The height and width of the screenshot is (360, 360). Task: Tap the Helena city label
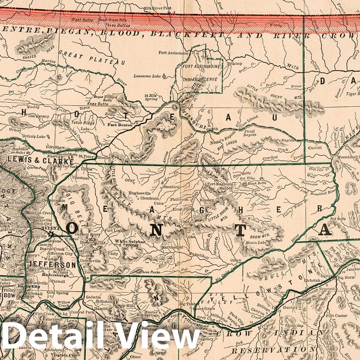click(48, 228)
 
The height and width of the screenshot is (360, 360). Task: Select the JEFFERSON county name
click(52, 265)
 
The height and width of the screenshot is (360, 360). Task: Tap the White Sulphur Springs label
click(128, 243)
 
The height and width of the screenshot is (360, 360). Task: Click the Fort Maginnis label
click(220, 184)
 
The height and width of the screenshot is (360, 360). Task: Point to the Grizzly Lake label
click(24, 136)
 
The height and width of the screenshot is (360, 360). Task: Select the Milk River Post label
click(157, 8)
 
